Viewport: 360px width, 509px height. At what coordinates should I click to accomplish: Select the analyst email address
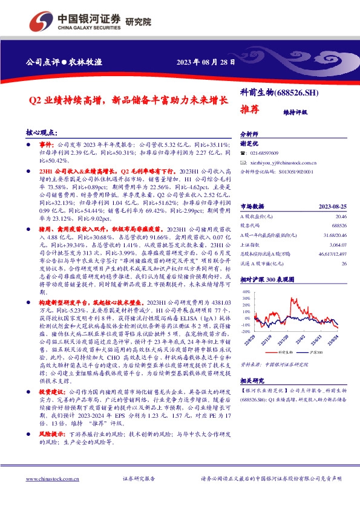tap(283, 163)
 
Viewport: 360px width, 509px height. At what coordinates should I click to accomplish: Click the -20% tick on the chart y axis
tap(245, 332)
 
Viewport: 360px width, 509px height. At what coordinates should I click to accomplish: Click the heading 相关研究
tap(252, 381)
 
